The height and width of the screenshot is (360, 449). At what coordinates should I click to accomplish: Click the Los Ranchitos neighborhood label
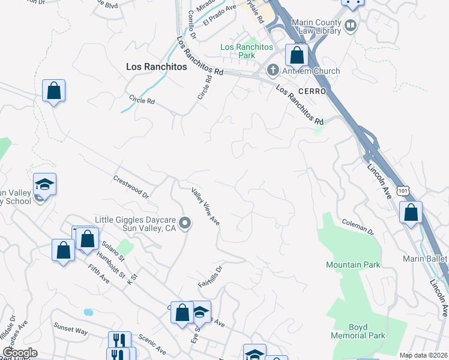pyautogui.click(x=156, y=67)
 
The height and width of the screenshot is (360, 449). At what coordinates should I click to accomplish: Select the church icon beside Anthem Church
pyautogui.click(x=273, y=71)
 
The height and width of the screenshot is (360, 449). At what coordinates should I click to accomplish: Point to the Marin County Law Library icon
pyautogui.click(x=351, y=26)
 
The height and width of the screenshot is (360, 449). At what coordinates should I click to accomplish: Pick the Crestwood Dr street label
pyautogui.click(x=131, y=187)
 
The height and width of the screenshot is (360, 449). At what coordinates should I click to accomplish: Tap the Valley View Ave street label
pyautogui.click(x=205, y=207)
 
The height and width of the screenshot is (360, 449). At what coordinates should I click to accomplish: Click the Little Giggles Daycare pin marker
pyautogui.click(x=185, y=224)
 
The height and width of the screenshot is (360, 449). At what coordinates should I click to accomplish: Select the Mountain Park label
pyautogui.click(x=352, y=265)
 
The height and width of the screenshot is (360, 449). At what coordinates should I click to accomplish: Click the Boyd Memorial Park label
pyautogui.click(x=358, y=332)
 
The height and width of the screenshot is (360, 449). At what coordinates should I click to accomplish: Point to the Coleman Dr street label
pyautogui.click(x=358, y=227)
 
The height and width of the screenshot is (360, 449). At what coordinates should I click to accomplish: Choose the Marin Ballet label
pyautogui.click(x=426, y=258)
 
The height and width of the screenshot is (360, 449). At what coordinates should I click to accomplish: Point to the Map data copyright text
pyautogui.click(x=423, y=355)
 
